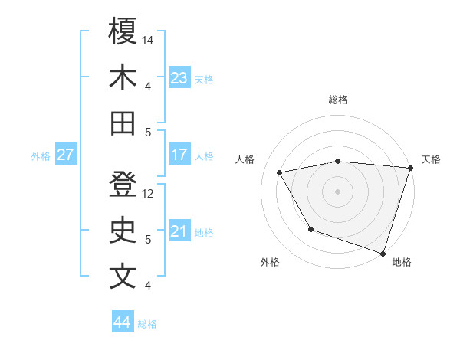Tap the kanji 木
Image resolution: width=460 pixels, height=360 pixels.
[x=123, y=77]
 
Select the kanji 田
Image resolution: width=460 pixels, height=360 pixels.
[x=123, y=123]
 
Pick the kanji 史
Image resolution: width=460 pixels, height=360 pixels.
[x=123, y=231]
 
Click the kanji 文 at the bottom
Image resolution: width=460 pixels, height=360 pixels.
[x=123, y=277]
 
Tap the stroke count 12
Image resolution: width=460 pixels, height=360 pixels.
[x=149, y=194]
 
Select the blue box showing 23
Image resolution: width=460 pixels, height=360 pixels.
[x=179, y=78]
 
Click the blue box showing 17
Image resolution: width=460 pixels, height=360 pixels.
[x=179, y=155]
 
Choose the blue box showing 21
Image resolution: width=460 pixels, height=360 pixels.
[x=179, y=231]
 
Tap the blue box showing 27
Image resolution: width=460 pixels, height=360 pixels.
[x=66, y=155]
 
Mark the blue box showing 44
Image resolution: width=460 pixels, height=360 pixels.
[x=123, y=322]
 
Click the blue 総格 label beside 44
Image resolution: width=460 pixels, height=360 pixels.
[x=148, y=324]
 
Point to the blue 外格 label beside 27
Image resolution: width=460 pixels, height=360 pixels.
[x=41, y=156]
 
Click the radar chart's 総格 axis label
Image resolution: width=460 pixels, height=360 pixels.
[x=338, y=100]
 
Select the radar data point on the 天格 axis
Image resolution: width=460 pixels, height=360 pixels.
[x=411, y=168]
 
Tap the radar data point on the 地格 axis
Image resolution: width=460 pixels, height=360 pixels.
[x=383, y=253]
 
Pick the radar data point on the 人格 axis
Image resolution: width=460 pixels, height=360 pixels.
[x=280, y=172]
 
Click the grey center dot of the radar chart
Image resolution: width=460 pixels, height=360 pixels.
[x=338, y=191]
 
